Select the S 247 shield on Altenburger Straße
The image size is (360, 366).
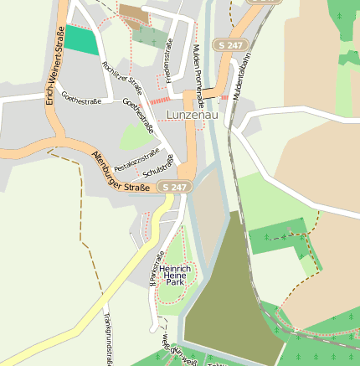pyautogui.click(x=173, y=187)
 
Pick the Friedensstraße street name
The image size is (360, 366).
pyautogui.click(x=168, y=61)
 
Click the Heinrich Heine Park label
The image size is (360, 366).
pyautogui.click(x=174, y=276)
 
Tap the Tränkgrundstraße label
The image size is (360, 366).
pyautogui.click(x=109, y=339)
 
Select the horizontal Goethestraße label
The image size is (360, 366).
pyautogui.click(x=82, y=101)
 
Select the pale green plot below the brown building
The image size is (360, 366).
pyautogui.click(x=149, y=36)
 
